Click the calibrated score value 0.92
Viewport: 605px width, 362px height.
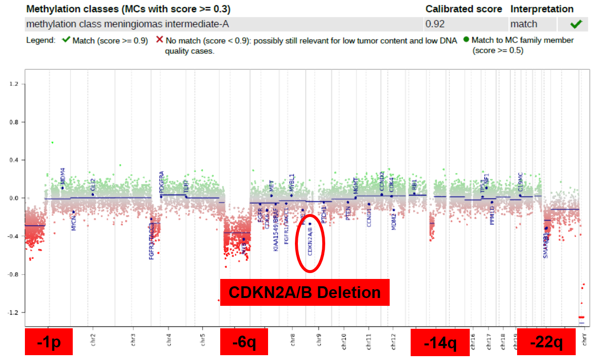click(435, 24)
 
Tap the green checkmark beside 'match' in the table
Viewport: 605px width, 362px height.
click(576, 24)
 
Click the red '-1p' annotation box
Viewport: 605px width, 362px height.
click(48, 342)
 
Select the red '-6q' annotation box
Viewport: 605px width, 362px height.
click(244, 342)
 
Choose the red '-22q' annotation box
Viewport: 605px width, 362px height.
click(546, 342)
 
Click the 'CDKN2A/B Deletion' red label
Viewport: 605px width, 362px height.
click(305, 292)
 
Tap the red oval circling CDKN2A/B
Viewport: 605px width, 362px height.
click(310, 243)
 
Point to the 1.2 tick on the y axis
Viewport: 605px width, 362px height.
click(14, 84)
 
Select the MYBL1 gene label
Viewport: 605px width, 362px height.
click(292, 183)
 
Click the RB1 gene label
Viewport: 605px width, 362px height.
click(414, 185)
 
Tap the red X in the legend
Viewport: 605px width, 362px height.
click(159, 40)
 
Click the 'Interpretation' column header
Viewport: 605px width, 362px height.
click(542, 9)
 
